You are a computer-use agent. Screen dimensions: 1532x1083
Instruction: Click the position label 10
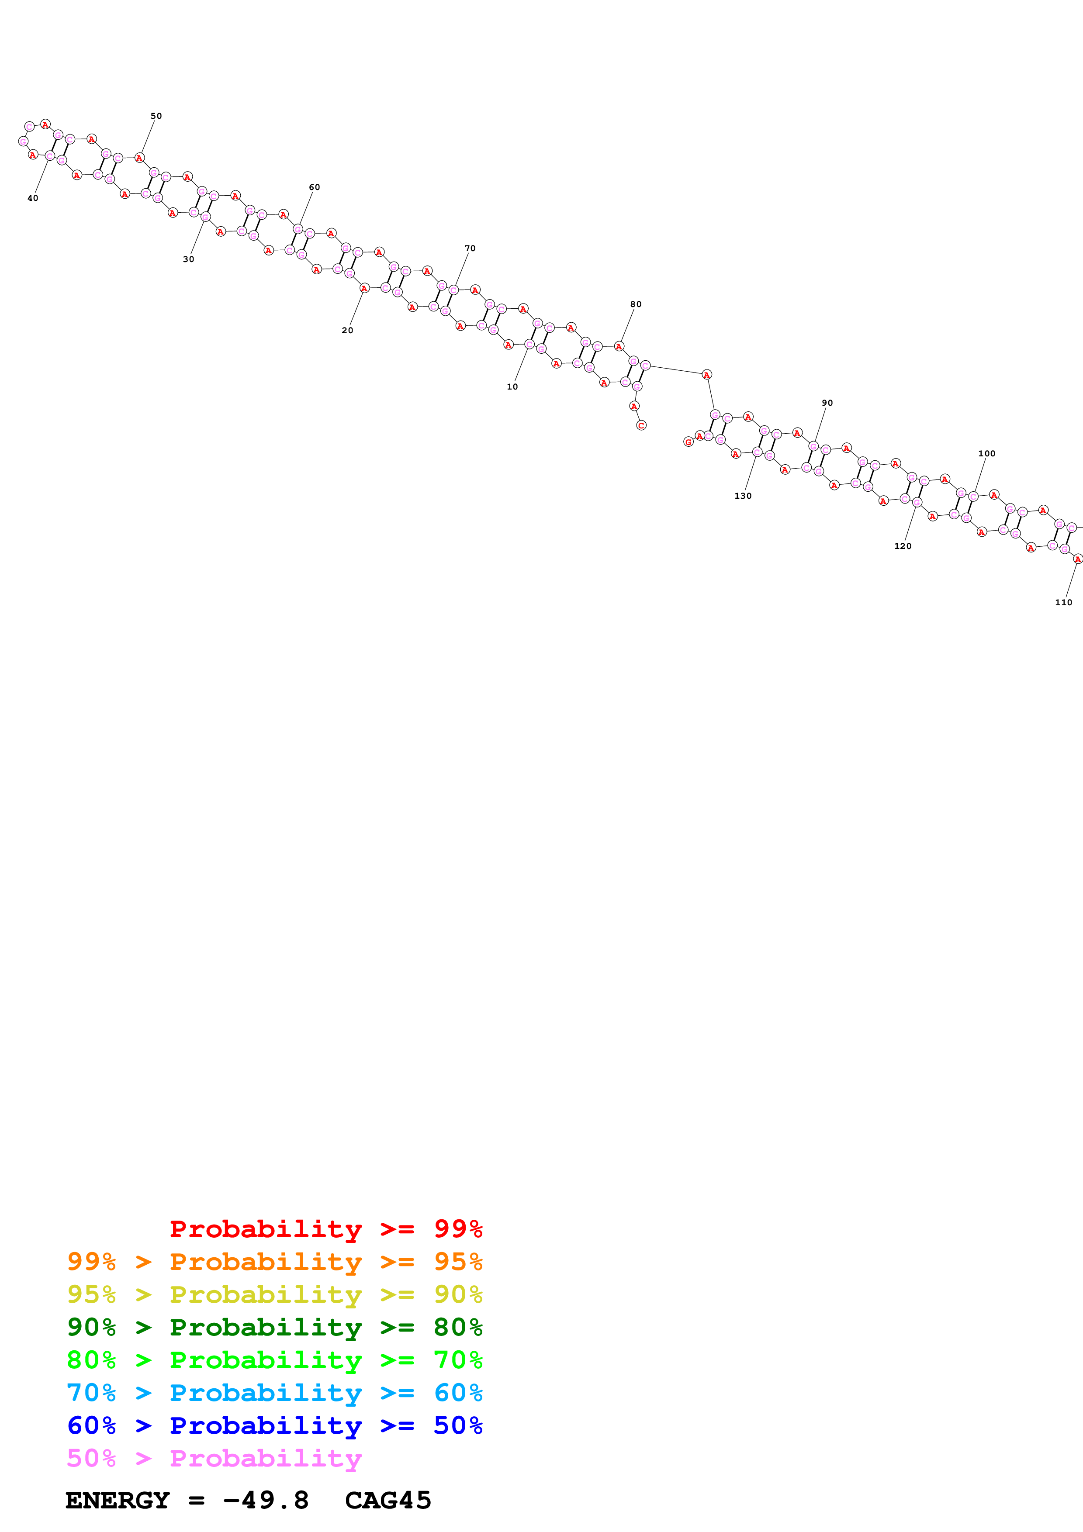tap(512, 387)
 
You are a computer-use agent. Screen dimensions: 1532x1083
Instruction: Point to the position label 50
tap(156, 116)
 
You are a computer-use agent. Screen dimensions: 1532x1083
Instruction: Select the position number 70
tap(470, 248)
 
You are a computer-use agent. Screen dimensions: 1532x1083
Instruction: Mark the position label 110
tap(1063, 603)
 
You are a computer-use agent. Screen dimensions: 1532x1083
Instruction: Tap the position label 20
tap(347, 330)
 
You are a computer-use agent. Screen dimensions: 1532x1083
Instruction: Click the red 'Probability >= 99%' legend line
tap(325, 1229)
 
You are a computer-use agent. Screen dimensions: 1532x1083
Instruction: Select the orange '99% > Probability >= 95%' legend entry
tap(274, 1262)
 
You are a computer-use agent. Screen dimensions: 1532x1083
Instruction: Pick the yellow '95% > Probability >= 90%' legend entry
tap(274, 1294)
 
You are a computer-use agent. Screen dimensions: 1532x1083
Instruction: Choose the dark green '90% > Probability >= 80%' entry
tap(274, 1327)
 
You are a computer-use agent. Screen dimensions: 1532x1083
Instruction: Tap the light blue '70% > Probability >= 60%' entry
tap(274, 1393)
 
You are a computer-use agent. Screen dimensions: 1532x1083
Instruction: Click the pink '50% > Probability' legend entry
tap(214, 1458)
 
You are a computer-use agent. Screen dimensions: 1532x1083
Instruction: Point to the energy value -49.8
tap(266, 1500)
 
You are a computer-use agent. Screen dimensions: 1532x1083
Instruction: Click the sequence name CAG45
tap(388, 1500)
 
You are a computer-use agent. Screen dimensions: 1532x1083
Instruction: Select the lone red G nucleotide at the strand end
tap(688, 442)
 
